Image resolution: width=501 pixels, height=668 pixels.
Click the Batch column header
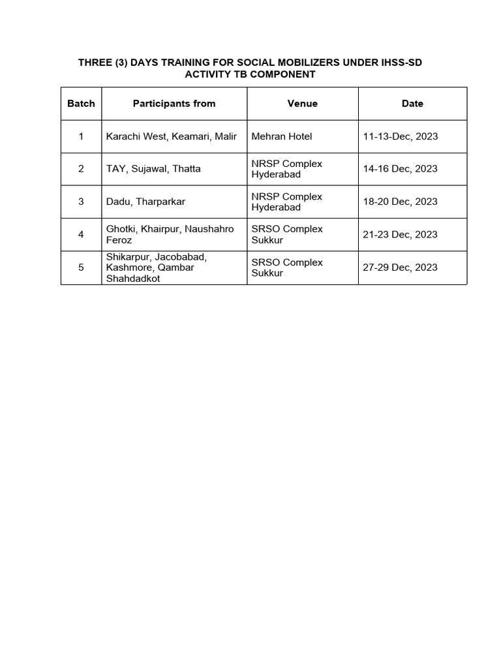(x=81, y=103)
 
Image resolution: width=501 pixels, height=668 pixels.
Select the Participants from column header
(x=174, y=103)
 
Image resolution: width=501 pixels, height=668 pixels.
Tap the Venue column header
(x=302, y=103)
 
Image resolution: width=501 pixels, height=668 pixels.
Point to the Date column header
(x=412, y=103)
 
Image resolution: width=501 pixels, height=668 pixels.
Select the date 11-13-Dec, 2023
(x=400, y=136)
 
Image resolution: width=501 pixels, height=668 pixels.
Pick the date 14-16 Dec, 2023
(x=400, y=169)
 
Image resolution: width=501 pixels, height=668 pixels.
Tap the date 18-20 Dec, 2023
(x=400, y=202)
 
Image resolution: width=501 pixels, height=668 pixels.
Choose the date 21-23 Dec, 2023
(x=400, y=234)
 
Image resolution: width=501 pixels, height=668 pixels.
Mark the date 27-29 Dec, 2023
(x=400, y=267)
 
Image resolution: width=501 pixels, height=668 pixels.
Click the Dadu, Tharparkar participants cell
(x=145, y=202)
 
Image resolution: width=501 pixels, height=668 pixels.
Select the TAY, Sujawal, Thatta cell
(x=153, y=169)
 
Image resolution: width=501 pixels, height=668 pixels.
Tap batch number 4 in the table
(x=81, y=234)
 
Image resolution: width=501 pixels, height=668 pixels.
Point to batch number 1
(x=81, y=136)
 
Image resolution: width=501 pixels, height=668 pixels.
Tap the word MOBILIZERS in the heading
(x=294, y=63)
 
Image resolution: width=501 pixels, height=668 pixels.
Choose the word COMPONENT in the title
(x=277, y=74)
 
